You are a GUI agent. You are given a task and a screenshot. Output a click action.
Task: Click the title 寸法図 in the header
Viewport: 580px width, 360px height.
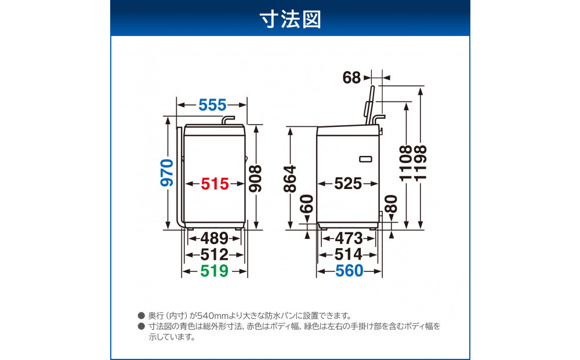tap(290, 19)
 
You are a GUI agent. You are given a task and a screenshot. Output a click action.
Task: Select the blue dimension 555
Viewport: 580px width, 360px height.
tap(212, 105)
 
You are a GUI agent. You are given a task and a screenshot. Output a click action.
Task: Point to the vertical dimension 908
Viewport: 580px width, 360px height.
tap(255, 179)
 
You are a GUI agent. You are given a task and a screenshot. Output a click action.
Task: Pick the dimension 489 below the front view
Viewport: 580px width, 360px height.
tap(215, 238)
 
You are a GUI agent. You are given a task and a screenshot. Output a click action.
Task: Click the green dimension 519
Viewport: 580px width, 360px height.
tap(215, 271)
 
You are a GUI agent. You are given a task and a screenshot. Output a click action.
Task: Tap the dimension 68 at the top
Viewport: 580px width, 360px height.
tap(352, 77)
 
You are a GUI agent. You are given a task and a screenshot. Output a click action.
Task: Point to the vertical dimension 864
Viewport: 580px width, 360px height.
tap(290, 179)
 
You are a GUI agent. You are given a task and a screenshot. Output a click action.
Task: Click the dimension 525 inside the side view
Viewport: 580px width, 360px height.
tap(348, 184)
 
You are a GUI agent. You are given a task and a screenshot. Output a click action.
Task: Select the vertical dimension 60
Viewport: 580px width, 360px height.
tap(307, 204)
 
